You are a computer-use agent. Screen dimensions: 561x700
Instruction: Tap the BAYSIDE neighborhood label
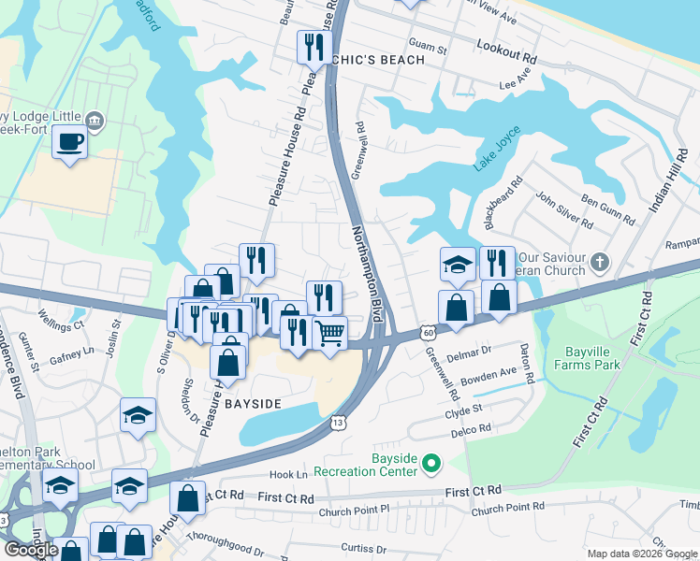point(253,403)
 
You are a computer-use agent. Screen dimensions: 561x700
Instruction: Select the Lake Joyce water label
point(496,155)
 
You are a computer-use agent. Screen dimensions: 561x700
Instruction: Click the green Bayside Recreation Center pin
point(431,463)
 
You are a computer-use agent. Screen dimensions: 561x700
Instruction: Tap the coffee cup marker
point(70,143)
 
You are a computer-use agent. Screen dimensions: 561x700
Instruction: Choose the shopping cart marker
point(329,333)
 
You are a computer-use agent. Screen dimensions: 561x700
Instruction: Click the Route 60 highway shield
point(427,332)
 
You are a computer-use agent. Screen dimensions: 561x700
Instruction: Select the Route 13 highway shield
point(337,424)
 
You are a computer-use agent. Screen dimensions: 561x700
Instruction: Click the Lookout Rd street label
point(505,50)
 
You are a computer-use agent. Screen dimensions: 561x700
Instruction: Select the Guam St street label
point(429,45)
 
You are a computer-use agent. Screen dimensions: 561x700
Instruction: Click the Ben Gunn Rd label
point(608,209)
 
